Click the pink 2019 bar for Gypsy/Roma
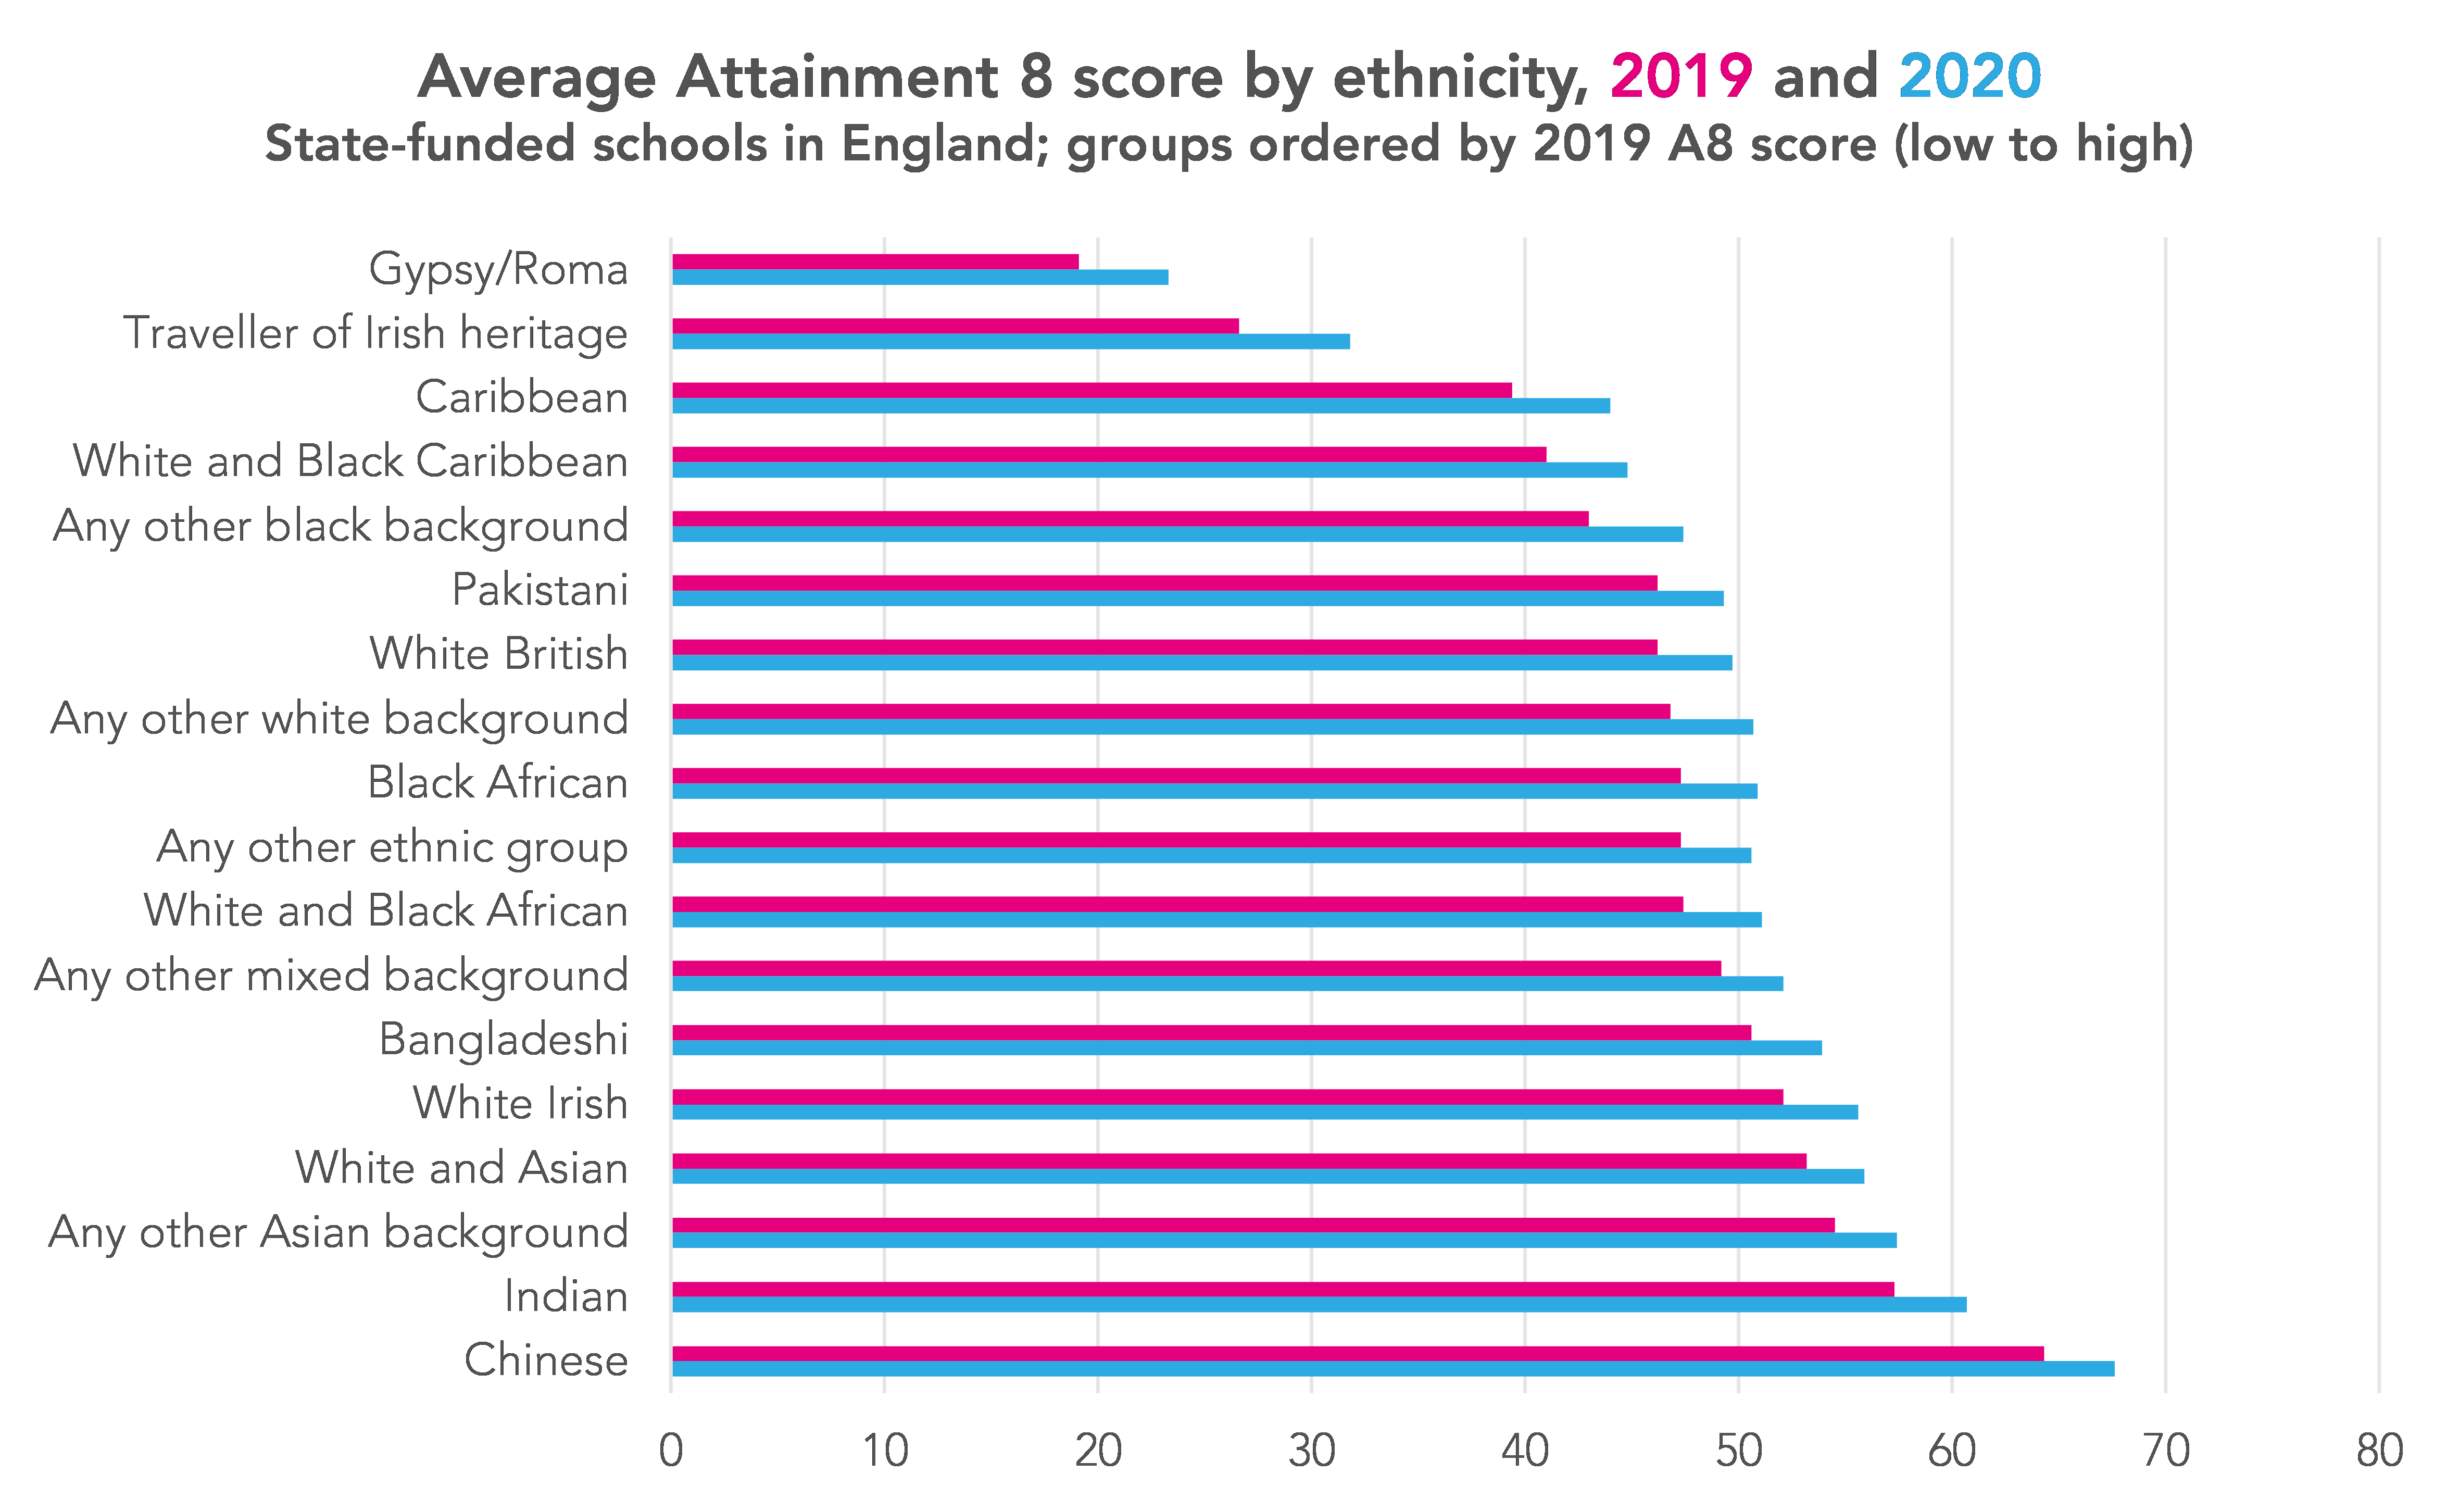[x=875, y=262]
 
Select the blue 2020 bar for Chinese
[x=1393, y=1368]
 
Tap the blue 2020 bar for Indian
[x=1319, y=1304]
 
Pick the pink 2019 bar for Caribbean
[x=1092, y=390]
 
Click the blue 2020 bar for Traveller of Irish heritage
[x=1011, y=341]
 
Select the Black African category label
[x=498, y=782]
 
